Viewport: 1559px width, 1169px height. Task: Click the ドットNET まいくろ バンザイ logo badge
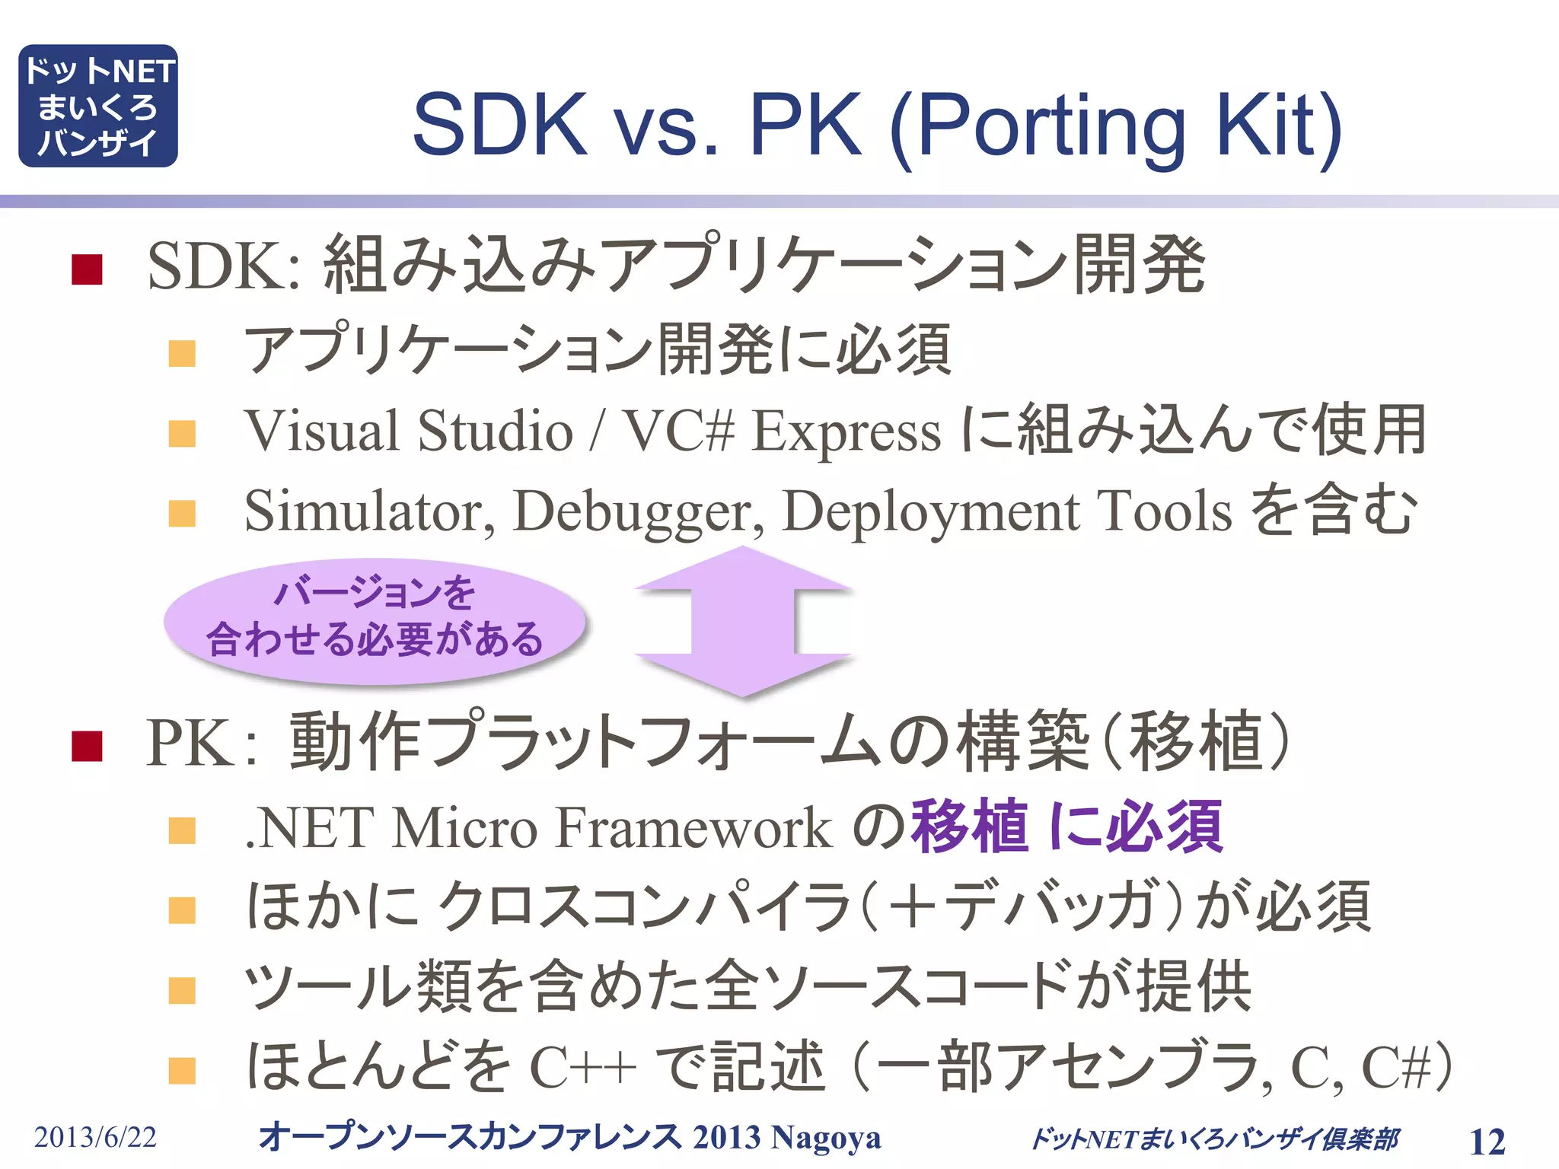tap(97, 106)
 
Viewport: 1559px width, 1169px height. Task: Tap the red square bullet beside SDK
tap(87, 269)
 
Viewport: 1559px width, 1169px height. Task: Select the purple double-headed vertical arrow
tap(742, 621)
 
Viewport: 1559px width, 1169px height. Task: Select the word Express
tap(846, 432)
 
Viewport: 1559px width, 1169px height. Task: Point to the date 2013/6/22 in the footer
tap(95, 1137)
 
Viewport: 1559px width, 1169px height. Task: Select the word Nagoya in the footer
tap(826, 1137)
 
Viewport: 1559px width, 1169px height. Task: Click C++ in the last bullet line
tap(582, 1067)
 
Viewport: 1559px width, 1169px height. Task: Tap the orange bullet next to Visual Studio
tap(182, 434)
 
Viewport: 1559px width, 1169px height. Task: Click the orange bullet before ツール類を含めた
tap(182, 991)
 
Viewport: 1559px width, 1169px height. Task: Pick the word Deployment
tap(930, 512)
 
